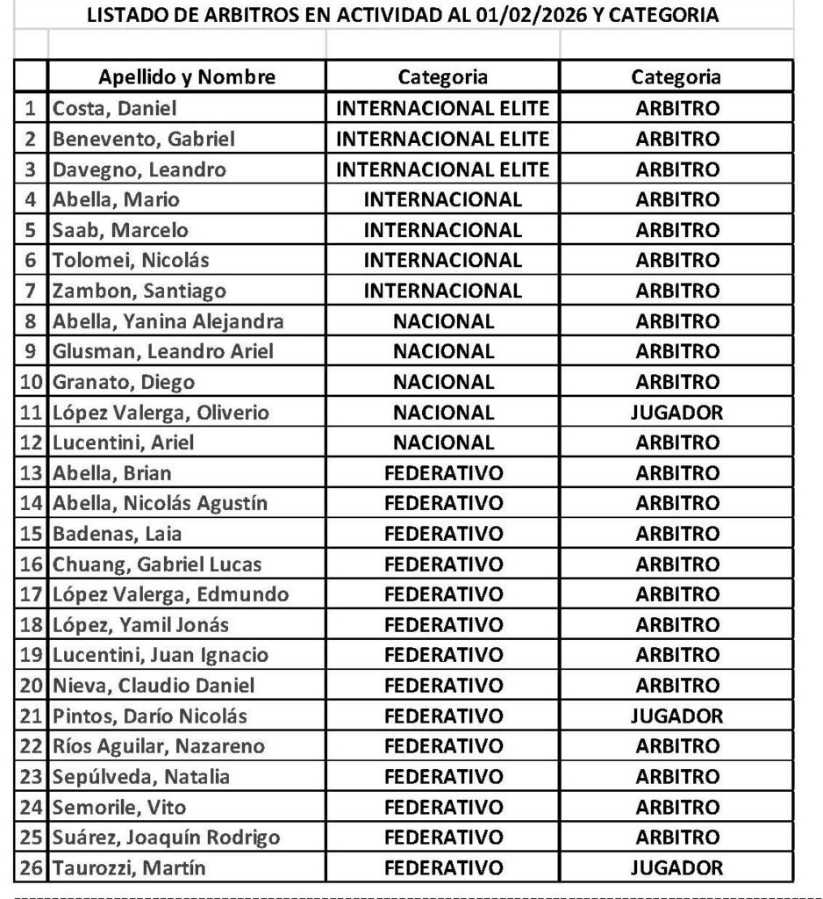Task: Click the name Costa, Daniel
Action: point(115,109)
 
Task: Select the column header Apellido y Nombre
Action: point(187,77)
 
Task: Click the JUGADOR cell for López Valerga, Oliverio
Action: point(676,413)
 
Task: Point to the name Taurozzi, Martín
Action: point(129,868)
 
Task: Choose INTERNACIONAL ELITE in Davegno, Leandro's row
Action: point(443,169)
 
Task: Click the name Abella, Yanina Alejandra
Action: point(168,321)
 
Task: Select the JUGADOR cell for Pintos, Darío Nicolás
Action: point(676,716)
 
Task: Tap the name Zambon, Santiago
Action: point(140,291)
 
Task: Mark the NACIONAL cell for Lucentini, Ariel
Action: point(443,442)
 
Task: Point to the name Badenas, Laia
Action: point(118,534)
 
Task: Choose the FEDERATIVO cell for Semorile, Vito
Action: point(443,808)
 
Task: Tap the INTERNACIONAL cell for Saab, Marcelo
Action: point(443,230)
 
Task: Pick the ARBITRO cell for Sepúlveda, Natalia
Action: point(676,777)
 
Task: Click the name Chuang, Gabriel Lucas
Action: point(157,565)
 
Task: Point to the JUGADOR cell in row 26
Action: point(676,868)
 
